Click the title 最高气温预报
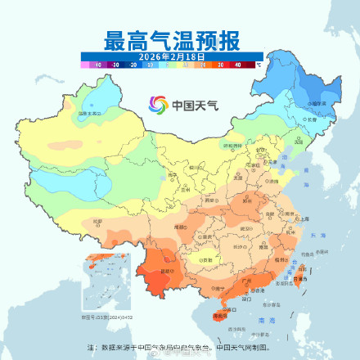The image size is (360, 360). (180, 39)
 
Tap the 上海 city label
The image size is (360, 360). (304, 219)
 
